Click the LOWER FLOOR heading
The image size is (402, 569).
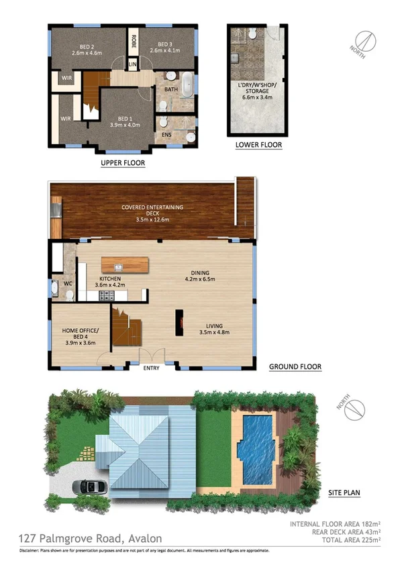point(258,145)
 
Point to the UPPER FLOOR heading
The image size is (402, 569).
point(123,162)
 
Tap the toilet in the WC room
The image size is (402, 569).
point(54,290)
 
